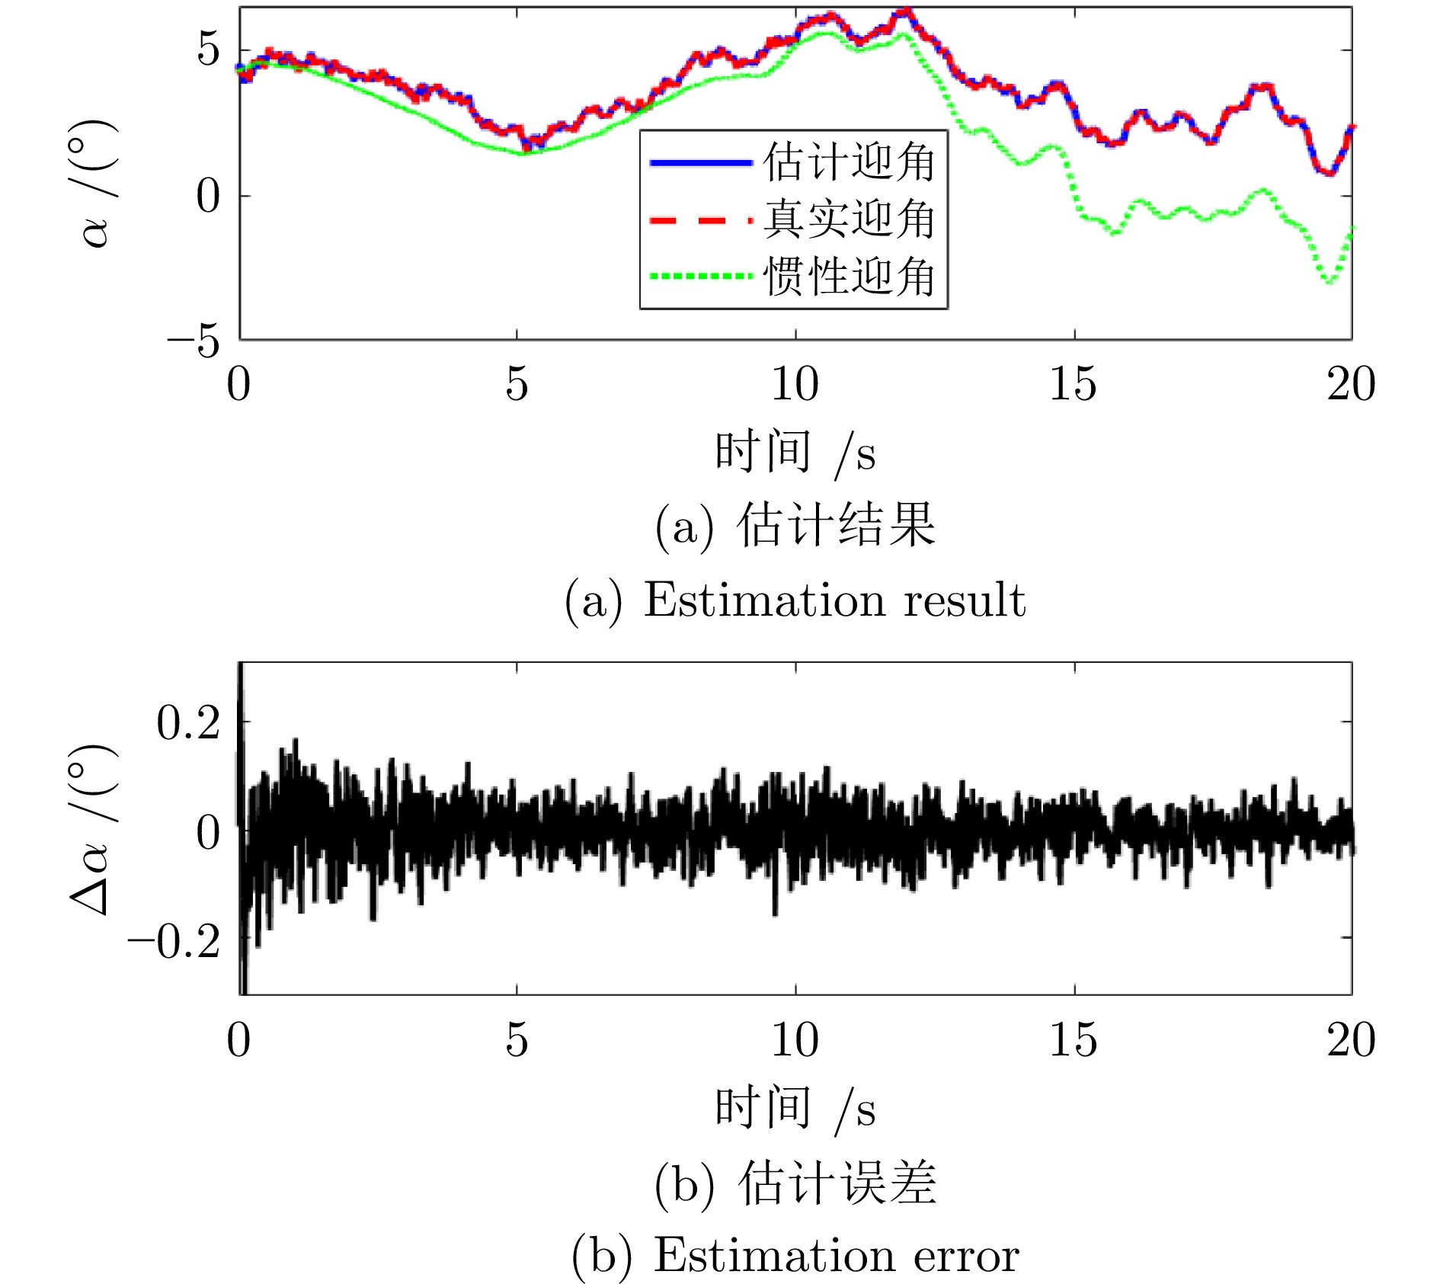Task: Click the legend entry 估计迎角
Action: pyautogui.click(x=849, y=162)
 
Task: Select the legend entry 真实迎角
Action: pyautogui.click(x=849, y=219)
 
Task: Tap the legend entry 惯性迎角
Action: pyautogui.click(x=849, y=276)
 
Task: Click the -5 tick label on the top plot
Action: pyautogui.click(x=194, y=341)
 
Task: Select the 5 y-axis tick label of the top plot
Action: pyautogui.click(x=207, y=50)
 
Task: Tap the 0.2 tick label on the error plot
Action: pyautogui.click(x=188, y=722)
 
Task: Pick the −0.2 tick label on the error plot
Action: pyautogui.click(x=174, y=942)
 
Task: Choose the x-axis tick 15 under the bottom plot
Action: pyautogui.click(x=1073, y=1039)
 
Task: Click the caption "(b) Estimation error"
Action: pyautogui.click(x=795, y=1255)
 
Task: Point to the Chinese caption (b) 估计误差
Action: pyautogui.click(x=795, y=1183)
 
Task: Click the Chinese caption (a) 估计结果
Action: pyautogui.click(x=795, y=525)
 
